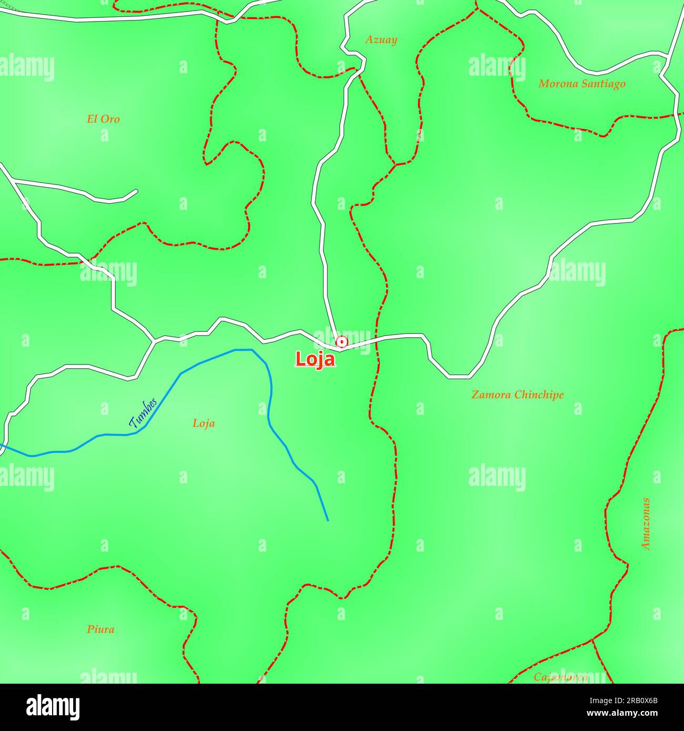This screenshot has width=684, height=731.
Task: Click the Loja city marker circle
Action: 342,342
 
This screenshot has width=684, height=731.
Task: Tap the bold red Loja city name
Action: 315,359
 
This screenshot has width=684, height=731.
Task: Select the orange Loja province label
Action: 204,423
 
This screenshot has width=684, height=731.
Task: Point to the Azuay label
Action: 381,40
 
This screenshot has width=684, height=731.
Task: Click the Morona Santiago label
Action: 582,84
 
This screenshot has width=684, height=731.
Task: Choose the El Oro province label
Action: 103,119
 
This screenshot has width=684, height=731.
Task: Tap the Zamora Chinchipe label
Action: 517,394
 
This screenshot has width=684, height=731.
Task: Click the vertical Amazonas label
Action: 646,524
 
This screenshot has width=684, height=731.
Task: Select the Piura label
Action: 100,629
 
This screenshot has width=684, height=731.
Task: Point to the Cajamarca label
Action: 560,677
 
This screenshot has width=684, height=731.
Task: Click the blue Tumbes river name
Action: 143,412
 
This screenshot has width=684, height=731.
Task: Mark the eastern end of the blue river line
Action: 328,520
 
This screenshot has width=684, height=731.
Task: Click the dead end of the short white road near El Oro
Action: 136,191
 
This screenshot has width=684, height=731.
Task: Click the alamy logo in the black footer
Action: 53,707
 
